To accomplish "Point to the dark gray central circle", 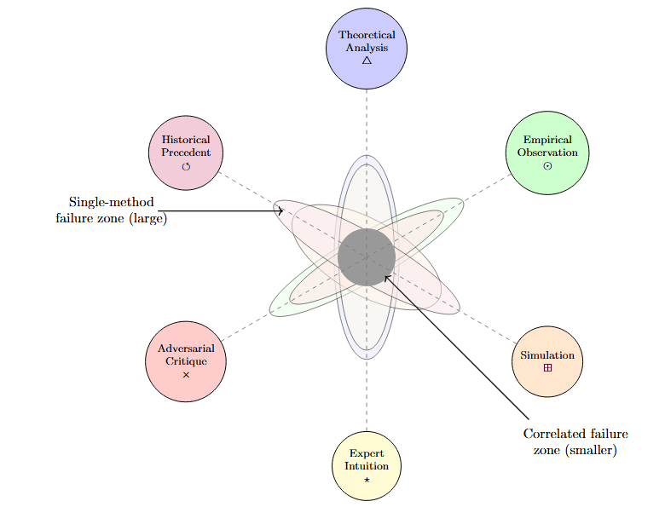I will (x=367, y=256).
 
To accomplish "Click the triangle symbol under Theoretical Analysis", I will (x=367, y=60).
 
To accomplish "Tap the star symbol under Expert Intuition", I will (x=367, y=480).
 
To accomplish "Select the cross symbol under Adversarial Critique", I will (x=186, y=375).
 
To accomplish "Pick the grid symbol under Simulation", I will (x=547, y=368).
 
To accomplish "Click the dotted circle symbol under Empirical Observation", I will (x=547, y=165).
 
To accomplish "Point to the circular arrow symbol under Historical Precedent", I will (x=186, y=165).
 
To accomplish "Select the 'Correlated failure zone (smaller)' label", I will (x=575, y=441).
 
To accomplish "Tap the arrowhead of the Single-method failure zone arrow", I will (x=280, y=210).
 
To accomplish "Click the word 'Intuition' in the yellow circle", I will (x=367, y=466).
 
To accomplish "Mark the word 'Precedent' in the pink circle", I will (x=186, y=153).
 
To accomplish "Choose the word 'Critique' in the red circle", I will (x=186, y=361).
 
